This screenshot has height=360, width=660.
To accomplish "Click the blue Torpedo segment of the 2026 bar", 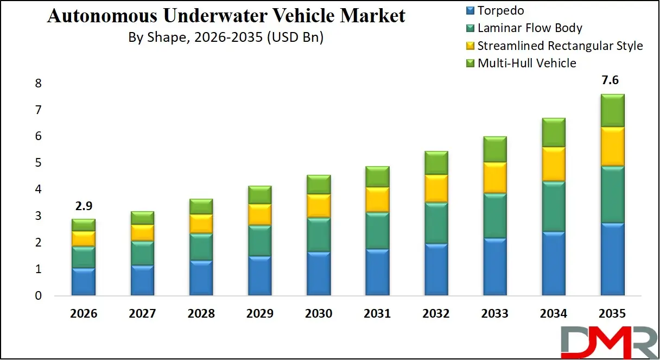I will (84, 282).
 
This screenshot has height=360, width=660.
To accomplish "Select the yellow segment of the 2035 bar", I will (612, 146).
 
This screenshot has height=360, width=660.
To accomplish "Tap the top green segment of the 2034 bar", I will (553, 132).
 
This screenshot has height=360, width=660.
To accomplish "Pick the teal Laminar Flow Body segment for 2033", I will (494, 216).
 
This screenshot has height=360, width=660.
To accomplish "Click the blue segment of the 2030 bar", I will (319, 274).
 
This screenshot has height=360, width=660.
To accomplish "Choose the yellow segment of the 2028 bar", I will (201, 223).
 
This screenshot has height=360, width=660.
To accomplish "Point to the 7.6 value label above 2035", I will (610, 81).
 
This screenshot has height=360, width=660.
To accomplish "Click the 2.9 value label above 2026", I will (84, 207).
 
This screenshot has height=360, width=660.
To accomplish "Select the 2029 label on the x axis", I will (259, 314).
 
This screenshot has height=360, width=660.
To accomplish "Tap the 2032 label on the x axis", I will (436, 314).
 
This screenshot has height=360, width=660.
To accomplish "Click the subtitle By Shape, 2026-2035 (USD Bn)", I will (225, 37).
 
